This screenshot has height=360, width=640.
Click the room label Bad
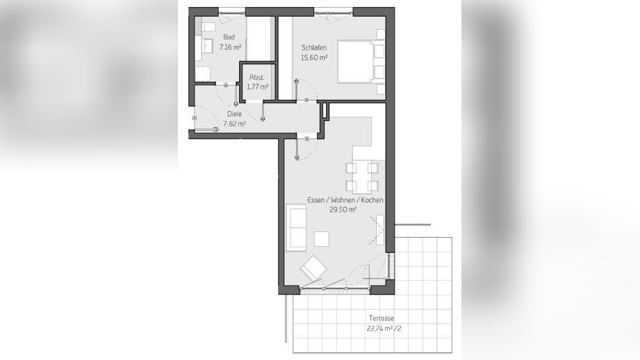coord(229,37)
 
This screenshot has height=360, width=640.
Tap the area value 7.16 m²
coord(230,47)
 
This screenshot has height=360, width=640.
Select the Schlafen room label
coord(314,48)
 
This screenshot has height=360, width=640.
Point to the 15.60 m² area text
coord(314,58)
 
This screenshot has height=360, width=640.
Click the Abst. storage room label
coord(256,77)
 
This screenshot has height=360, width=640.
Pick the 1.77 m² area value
coord(257,87)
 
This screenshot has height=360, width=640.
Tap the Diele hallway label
coord(234,114)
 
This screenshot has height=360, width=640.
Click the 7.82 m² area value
coord(234,124)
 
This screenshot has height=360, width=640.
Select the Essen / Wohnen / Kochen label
coord(345,200)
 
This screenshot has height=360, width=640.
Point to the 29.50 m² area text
coord(343,210)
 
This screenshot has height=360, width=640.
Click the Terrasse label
coord(381,318)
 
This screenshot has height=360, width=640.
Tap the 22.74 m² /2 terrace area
coord(384,328)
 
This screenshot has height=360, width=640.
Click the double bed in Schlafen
coord(356,61)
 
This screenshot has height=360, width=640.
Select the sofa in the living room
coord(296,228)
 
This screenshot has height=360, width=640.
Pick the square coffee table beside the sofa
coord(322,239)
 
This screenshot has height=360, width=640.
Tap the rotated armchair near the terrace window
coord(313,268)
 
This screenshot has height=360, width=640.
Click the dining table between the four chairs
coord(361,177)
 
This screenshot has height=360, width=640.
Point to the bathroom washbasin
coord(208,47)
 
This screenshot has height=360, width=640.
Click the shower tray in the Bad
coord(202,74)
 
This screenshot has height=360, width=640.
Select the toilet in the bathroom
coord(208,27)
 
